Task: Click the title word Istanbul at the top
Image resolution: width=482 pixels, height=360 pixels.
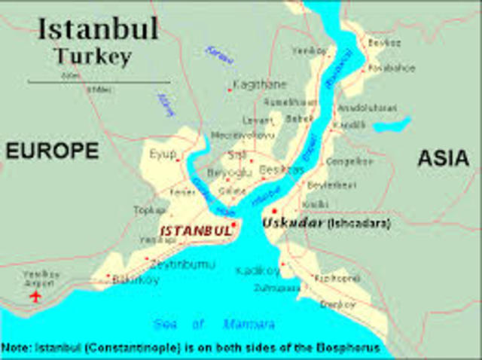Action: point(98,29)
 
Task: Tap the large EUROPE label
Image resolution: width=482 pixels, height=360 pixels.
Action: point(52,151)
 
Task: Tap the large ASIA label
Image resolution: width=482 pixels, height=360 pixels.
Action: point(442,158)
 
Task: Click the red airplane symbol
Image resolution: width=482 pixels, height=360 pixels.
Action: point(35,296)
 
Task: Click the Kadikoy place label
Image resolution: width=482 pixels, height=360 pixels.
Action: point(256,270)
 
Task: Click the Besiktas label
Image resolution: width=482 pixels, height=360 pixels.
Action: point(281,170)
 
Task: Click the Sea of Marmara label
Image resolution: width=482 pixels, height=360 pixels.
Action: point(214,325)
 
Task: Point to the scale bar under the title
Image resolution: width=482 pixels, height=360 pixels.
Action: point(98,81)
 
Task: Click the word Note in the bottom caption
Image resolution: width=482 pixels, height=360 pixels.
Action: point(15,348)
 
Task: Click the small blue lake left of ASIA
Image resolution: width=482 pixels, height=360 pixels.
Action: point(392,124)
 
